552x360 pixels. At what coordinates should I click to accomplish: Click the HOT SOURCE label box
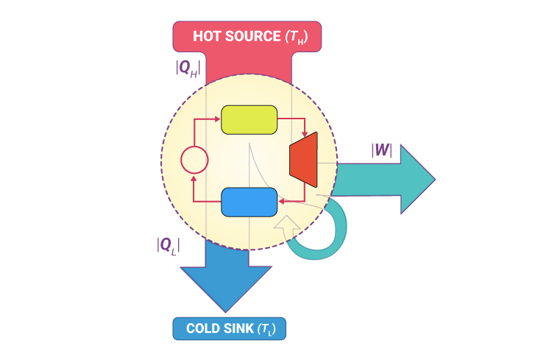tap(247, 36)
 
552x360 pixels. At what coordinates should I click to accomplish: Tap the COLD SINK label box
tap(229, 328)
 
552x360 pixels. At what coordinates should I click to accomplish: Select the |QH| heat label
tap(188, 68)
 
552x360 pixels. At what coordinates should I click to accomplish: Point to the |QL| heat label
tap(169, 246)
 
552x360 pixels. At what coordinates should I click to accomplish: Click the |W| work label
tap(381, 151)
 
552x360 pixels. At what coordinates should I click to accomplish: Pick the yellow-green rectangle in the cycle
tap(250, 119)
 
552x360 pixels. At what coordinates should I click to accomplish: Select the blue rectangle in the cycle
tap(250, 202)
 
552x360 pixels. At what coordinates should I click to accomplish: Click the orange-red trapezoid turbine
tap(304, 158)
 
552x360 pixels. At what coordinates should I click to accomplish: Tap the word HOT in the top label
tap(208, 36)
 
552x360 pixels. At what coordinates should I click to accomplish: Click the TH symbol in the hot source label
tap(294, 37)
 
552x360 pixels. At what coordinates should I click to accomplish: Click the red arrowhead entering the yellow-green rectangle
tap(218, 119)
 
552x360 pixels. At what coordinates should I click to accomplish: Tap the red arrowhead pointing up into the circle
tap(194, 177)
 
